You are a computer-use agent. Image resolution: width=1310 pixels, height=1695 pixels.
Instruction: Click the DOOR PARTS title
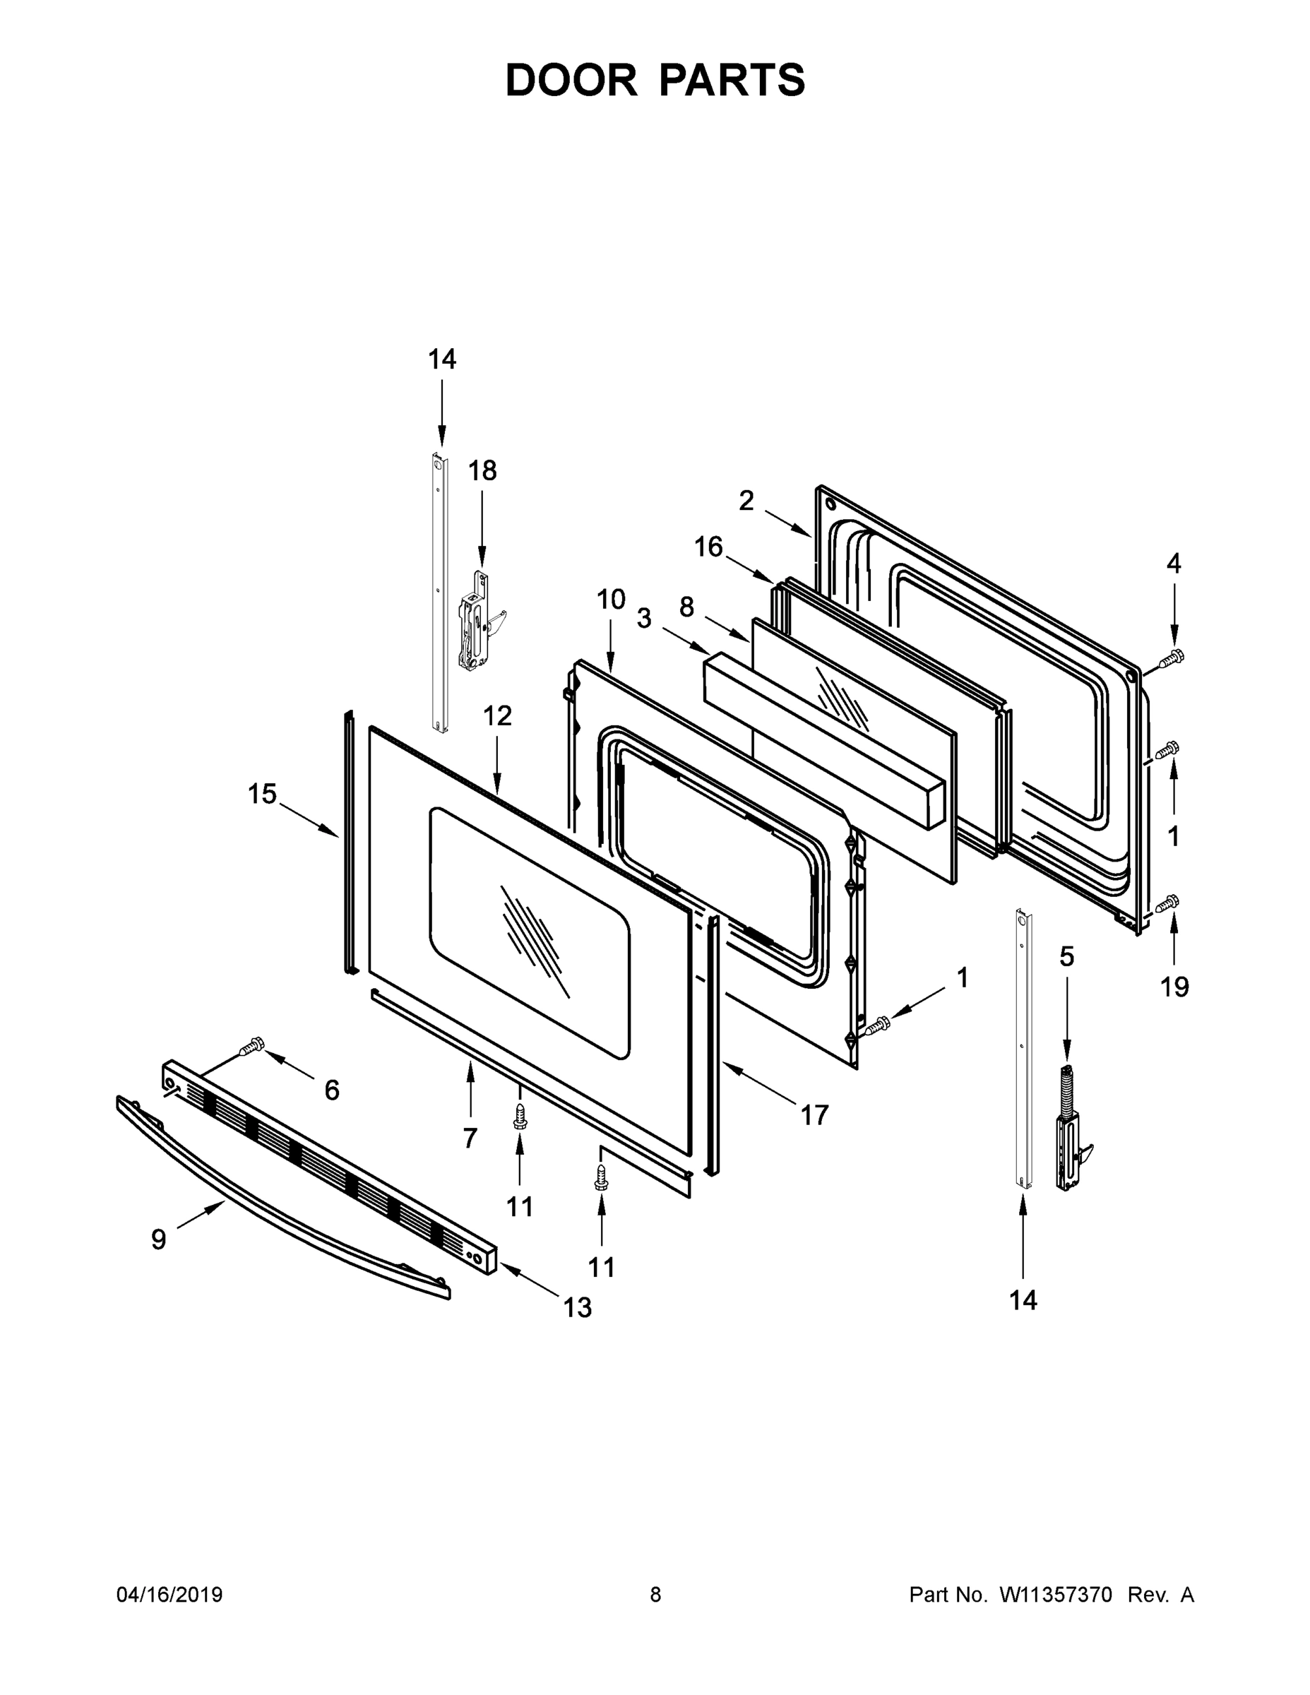coord(655,80)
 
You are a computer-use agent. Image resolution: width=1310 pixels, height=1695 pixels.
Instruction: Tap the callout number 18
coord(482,470)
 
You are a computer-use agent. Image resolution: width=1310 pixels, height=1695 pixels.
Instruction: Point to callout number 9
coord(158,1239)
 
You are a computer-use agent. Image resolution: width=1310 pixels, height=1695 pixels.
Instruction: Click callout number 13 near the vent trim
coord(578,1308)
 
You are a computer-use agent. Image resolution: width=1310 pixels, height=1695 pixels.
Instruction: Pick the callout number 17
coord(814,1115)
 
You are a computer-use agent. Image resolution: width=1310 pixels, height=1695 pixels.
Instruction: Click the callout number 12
coord(497,715)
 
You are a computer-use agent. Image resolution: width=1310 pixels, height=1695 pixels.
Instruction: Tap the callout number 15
coord(262,794)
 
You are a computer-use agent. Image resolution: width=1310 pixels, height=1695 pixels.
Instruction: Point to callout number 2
coord(746,501)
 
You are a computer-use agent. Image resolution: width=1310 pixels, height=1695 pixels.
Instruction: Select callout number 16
coord(708,547)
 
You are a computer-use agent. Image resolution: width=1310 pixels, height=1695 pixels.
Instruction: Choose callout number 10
coord(611,599)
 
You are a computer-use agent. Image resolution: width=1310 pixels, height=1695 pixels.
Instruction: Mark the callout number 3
coord(644,619)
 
